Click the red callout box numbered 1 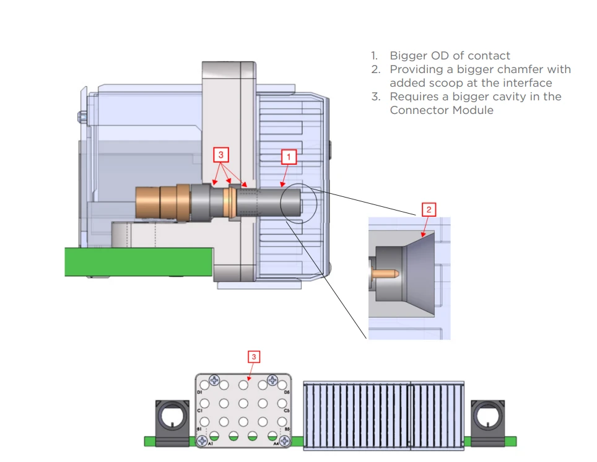(289, 157)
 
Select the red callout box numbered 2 (429, 210)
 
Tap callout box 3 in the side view (220, 154)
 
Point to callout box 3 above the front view (255, 357)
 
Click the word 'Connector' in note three (419, 110)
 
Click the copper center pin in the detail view (385, 272)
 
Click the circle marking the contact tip (298, 201)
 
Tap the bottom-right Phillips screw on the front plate (284, 440)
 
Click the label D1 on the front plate (199, 393)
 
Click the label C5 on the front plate (287, 411)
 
